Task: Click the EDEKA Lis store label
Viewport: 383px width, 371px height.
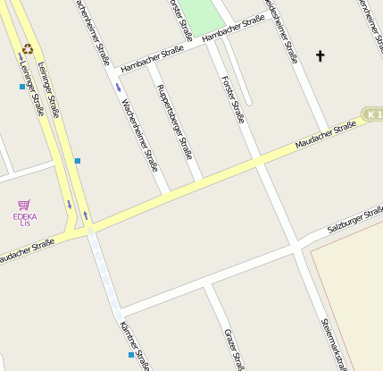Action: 24,219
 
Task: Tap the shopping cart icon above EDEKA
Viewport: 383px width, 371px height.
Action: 23,205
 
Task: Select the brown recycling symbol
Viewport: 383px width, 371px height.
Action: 28,49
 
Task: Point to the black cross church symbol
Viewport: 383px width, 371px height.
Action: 321,56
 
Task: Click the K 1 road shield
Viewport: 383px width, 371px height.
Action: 372,114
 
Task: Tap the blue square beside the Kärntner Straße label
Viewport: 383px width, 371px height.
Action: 131,355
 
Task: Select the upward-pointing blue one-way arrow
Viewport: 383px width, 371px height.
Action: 86,215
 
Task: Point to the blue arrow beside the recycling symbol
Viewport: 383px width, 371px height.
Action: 20,57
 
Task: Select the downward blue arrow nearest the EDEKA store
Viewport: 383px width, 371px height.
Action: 69,204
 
